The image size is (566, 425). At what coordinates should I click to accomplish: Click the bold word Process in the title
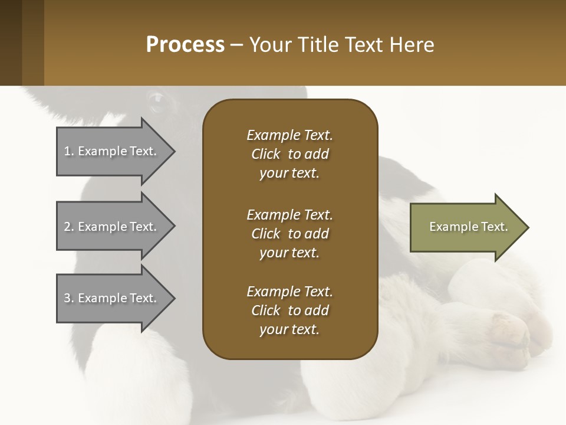185,45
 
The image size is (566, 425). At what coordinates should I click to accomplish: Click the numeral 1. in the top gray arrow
68,151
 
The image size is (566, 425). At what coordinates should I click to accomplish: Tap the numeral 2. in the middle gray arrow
68,227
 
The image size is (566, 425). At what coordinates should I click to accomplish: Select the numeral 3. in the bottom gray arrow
68,298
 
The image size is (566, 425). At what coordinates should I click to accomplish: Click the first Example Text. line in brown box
289,135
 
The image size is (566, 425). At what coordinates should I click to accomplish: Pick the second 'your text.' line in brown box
289,253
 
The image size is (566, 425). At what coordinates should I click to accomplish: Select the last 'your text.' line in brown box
289,330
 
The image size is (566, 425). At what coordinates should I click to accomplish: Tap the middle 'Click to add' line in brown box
289,234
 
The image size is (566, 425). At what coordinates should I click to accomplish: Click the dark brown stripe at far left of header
11,42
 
